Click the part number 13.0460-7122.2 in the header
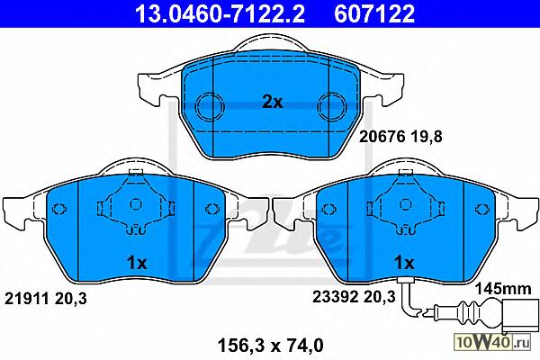[220, 13]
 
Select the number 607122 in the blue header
[374, 13]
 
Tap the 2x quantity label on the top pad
[272, 102]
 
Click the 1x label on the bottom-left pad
[137, 263]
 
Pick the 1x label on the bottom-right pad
[404, 263]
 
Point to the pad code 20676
[382, 137]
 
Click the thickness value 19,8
[426, 137]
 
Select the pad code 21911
[26, 298]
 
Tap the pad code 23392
[335, 296]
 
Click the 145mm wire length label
[503, 289]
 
